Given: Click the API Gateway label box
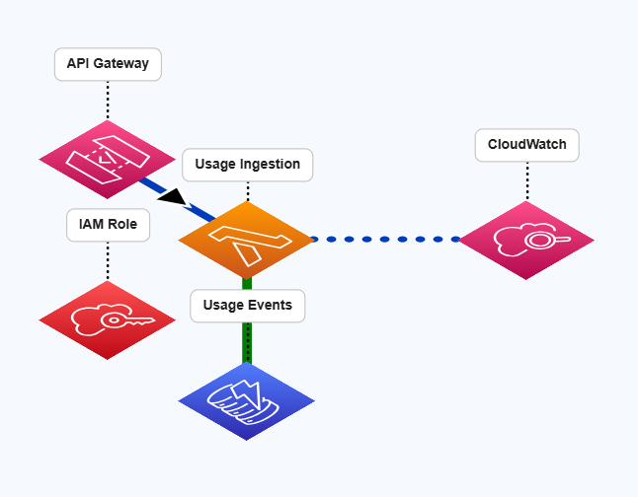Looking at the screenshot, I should click(108, 64).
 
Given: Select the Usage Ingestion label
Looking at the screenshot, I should click(247, 165).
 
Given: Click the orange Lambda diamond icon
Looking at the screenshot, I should click(246, 240).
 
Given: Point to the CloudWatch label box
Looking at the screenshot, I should click(526, 145).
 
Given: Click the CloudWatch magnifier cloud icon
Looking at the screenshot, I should click(526, 240).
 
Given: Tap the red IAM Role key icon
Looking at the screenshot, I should click(107, 319).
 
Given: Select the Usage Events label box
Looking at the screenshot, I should click(247, 306).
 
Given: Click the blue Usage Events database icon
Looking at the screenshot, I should click(246, 399).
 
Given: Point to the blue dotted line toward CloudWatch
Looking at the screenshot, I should click(385, 239).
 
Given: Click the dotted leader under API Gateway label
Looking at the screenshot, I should click(108, 99).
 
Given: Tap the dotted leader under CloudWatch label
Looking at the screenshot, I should click(526, 179).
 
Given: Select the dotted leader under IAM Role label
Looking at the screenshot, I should click(108, 260).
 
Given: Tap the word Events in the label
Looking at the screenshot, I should click(270, 306).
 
